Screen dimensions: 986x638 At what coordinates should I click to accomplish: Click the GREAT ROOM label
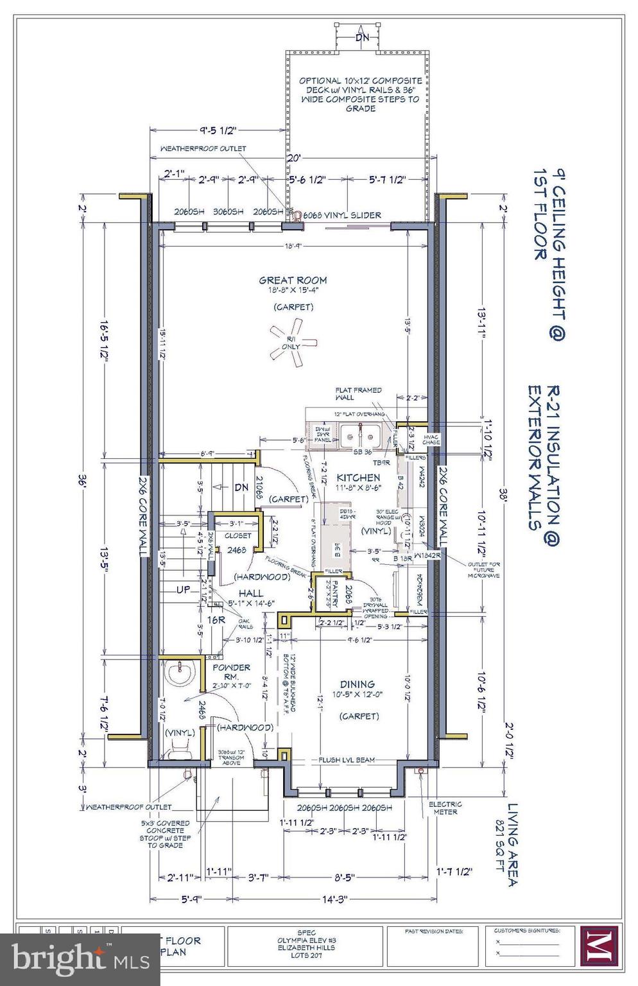click(293, 280)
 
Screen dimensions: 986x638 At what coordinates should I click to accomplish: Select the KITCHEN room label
click(358, 478)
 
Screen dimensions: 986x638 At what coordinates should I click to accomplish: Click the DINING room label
click(358, 684)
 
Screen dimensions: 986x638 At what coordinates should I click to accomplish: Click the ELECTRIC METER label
click(445, 808)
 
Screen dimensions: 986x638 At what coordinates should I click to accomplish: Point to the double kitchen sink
click(360, 437)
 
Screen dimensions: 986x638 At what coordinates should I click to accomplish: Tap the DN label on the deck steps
click(363, 37)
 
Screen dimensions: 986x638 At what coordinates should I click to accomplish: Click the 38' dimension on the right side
click(504, 495)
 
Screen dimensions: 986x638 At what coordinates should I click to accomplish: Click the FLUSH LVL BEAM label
click(347, 760)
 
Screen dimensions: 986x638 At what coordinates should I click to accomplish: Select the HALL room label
click(251, 593)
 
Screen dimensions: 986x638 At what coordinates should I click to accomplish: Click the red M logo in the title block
click(599, 945)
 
